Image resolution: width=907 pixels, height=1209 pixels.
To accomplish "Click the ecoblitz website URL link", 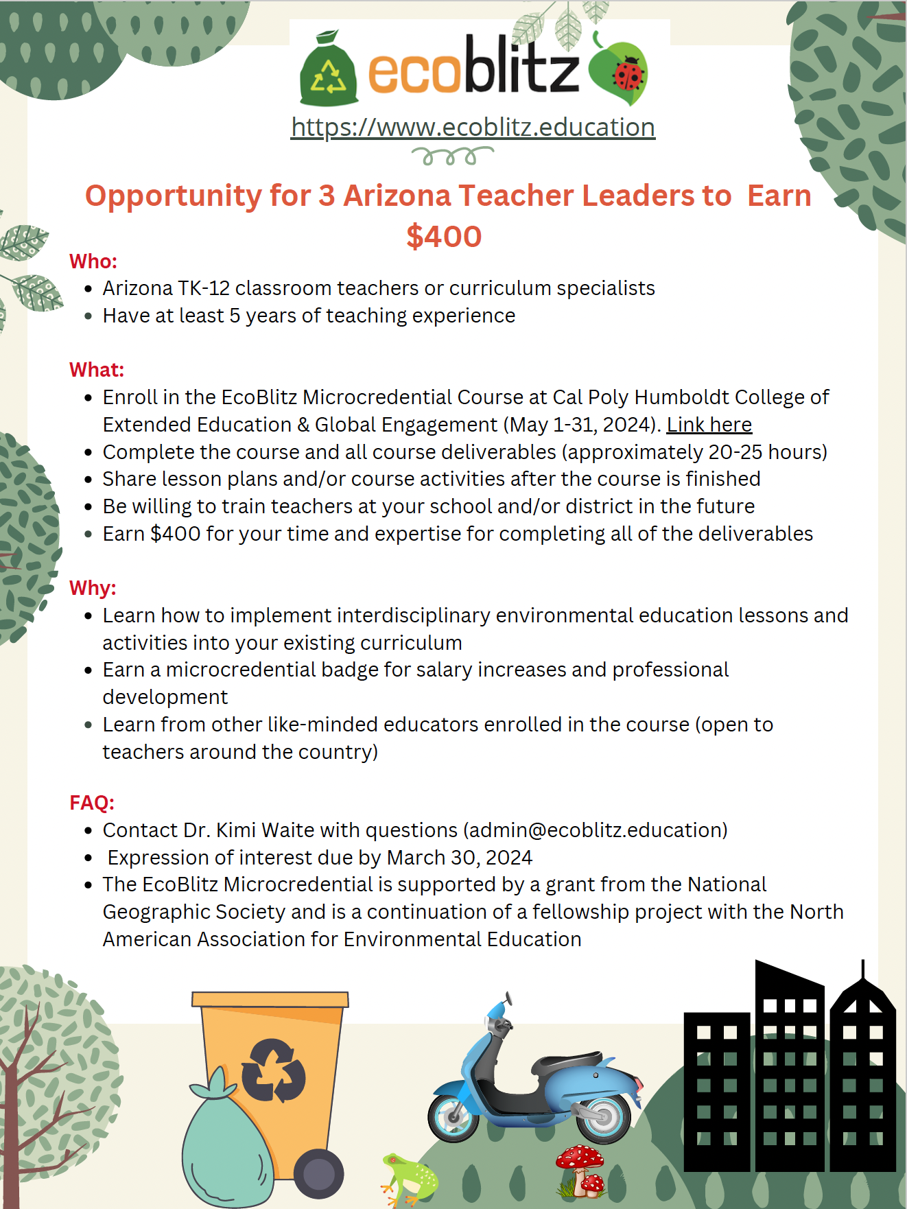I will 473,128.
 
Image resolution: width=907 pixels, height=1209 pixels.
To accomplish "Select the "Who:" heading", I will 93,261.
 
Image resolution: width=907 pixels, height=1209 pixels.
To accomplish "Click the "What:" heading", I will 97,370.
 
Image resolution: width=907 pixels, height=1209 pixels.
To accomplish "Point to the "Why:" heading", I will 93,588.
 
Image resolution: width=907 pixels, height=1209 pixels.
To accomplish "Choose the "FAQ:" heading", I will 92,803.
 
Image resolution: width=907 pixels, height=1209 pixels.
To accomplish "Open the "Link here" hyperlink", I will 709,425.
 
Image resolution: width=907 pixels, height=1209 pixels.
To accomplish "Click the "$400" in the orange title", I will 444,237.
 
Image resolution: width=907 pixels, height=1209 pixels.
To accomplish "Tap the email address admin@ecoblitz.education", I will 596,830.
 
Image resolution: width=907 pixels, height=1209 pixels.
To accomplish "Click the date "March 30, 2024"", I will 459,858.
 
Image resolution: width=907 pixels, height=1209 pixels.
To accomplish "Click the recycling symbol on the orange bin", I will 273,1070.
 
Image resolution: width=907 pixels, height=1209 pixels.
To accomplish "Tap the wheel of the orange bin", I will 318,1174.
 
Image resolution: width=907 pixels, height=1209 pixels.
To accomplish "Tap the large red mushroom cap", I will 580,1157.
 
